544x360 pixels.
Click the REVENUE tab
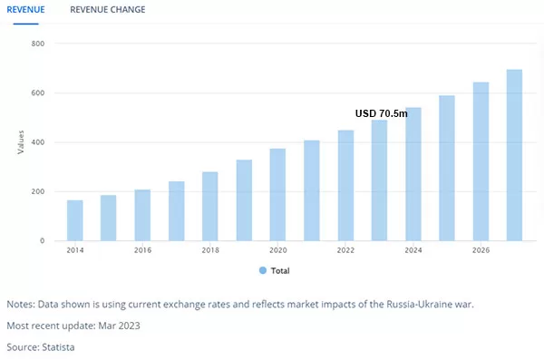pyautogui.click(x=25, y=10)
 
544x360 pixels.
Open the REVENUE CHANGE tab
pyautogui.click(x=108, y=10)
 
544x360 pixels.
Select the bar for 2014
pyautogui.click(x=75, y=220)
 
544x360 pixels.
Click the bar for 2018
pyautogui.click(x=210, y=206)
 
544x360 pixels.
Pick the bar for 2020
pyautogui.click(x=277, y=195)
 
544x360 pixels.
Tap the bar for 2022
pyautogui.click(x=346, y=186)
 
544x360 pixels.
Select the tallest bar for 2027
pyautogui.click(x=514, y=155)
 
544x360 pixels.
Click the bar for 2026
pyautogui.click(x=481, y=161)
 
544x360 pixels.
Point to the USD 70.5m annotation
pyautogui.click(x=382, y=113)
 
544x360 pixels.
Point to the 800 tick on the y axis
pyautogui.click(x=38, y=44)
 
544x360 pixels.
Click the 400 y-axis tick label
pyautogui.click(x=38, y=142)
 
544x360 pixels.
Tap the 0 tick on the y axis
pyautogui.click(x=42, y=240)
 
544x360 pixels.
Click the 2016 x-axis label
pyautogui.click(x=142, y=250)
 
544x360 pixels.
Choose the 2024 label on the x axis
pyautogui.click(x=413, y=250)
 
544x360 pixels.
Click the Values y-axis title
pyautogui.click(x=21, y=142)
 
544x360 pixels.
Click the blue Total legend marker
pyautogui.click(x=263, y=270)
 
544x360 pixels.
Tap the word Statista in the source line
pyautogui.click(x=58, y=347)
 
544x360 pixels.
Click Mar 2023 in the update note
pyautogui.click(x=120, y=326)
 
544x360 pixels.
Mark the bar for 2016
pyautogui.click(x=142, y=215)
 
